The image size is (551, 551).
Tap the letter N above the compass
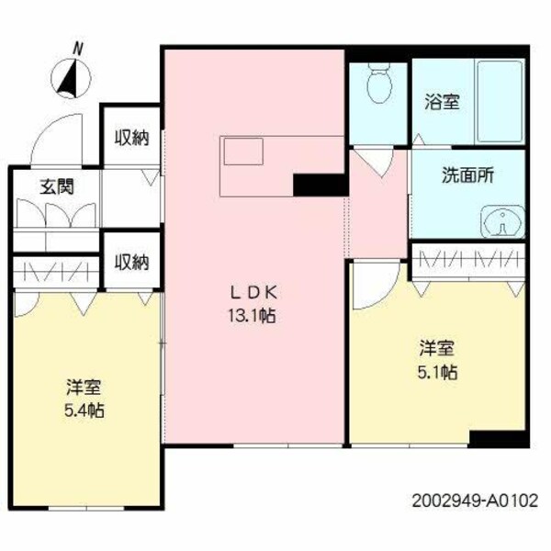click(x=79, y=48)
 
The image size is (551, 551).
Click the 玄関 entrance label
click(x=56, y=186)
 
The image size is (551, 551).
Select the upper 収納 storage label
click(x=131, y=138)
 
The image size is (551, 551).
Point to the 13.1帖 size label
click(x=254, y=316)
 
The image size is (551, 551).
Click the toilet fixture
click(x=377, y=87)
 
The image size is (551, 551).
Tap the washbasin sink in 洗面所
click(x=502, y=220)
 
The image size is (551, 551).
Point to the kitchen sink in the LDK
click(x=243, y=152)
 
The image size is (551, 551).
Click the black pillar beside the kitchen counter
click(x=319, y=185)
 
